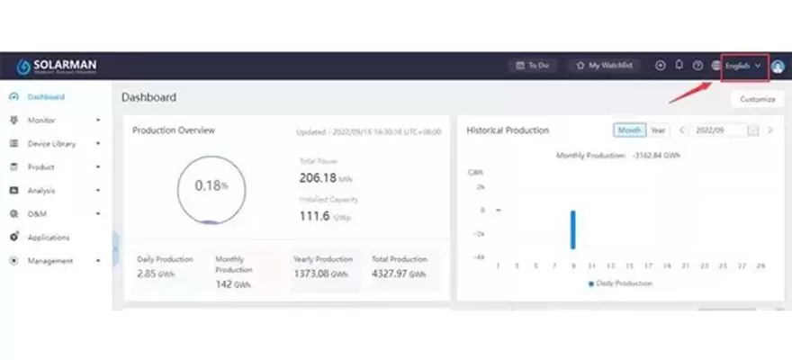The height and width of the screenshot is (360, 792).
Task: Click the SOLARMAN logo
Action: pos(56,67)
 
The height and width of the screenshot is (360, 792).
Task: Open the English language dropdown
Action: pos(743,66)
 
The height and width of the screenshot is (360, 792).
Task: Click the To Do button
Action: pos(534,66)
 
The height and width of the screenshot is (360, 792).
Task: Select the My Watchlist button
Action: pos(605,66)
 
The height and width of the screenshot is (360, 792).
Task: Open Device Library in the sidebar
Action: pos(51,143)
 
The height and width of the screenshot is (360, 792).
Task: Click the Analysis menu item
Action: pos(41,190)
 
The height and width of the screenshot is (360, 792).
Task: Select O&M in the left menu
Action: pos(38,214)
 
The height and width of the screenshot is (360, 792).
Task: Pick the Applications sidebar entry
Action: pos(49,238)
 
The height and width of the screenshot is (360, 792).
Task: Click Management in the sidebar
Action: pos(50,261)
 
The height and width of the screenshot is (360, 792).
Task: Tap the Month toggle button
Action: pos(630,130)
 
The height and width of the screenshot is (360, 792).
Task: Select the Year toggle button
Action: pos(659,130)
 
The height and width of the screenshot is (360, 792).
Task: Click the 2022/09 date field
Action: pos(718,130)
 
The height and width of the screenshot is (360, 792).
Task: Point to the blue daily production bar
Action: pos(572,229)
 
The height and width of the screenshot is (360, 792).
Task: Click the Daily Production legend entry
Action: pos(620,283)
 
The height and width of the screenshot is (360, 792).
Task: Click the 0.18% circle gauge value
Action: pos(211,185)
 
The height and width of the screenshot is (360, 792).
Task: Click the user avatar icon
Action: pos(778,66)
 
